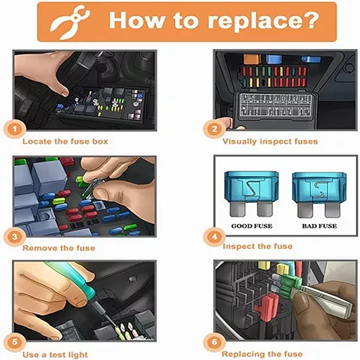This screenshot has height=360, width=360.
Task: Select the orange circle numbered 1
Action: click(15, 129)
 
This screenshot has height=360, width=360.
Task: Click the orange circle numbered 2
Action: click(214, 129)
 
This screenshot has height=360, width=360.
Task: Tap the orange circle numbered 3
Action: click(15, 237)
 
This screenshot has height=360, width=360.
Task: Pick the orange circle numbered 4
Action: click(214, 237)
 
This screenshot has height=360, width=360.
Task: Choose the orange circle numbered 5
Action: click(15, 342)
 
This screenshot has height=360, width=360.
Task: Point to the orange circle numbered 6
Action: click(214, 342)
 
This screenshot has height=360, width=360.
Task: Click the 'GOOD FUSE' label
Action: click(251, 226)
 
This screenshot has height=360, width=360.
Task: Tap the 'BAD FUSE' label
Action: click(319, 226)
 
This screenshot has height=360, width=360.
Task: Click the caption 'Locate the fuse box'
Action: click(65, 141)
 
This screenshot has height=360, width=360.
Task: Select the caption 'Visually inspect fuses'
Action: click(270, 141)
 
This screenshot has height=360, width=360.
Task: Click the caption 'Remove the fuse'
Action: click(59, 248)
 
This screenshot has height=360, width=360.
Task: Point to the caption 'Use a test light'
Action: click(55, 355)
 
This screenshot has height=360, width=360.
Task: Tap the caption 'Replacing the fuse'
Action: click(262, 354)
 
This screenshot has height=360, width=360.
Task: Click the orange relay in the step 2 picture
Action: click(252, 59)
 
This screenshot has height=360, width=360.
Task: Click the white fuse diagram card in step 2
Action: click(275, 105)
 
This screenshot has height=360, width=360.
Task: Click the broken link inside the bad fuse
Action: click(319, 189)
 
